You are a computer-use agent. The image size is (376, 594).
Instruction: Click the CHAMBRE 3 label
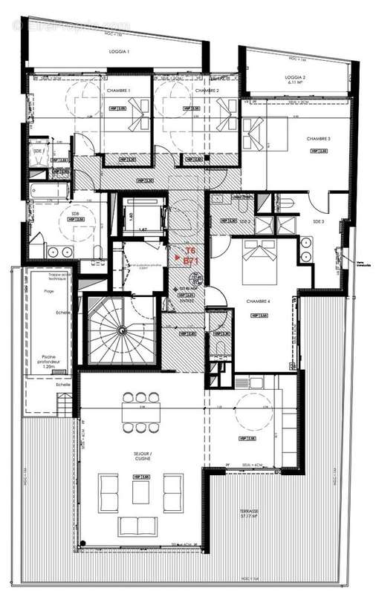pyautogui.click(x=318, y=139)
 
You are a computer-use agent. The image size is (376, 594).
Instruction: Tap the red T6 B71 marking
pyautogui.click(x=189, y=255)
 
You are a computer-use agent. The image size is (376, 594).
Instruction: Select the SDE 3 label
pyautogui.click(x=319, y=221)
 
